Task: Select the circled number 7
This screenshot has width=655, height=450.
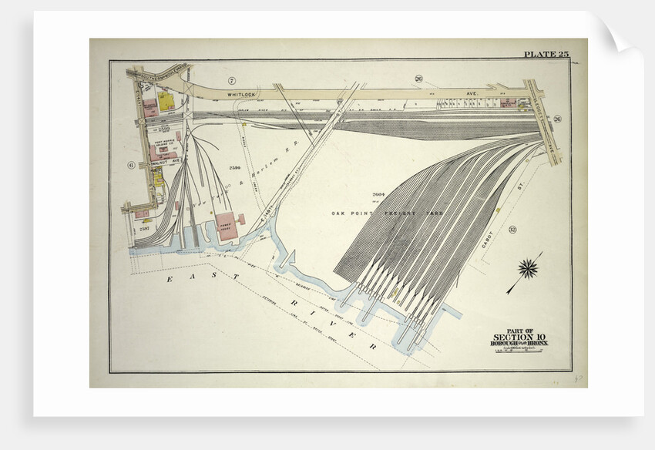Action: point(230,80)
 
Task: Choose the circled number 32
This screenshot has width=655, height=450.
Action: point(512,230)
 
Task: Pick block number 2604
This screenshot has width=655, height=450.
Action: point(378,194)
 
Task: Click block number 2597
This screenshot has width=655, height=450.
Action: point(143,229)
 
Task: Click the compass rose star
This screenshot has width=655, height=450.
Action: point(528,268)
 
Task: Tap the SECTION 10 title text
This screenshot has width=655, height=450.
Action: point(521,337)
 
